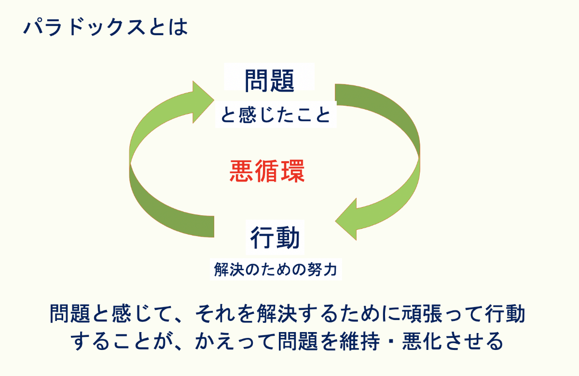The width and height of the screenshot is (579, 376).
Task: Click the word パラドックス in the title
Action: (x=84, y=27)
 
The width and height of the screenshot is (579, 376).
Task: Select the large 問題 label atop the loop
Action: (x=269, y=81)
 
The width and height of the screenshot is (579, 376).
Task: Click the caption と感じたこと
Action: (x=276, y=115)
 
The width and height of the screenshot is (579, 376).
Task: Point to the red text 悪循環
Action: (x=267, y=171)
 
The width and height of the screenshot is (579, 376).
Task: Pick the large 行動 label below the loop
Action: (x=275, y=237)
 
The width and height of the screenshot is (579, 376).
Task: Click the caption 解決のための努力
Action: (x=276, y=269)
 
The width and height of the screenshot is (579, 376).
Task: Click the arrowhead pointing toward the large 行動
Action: (x=346, y=219)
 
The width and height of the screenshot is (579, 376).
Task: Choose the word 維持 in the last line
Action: (x=359, y=341)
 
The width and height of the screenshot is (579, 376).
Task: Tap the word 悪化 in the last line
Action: (x=422, y=341)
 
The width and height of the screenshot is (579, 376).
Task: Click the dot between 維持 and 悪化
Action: (x=391, y=342)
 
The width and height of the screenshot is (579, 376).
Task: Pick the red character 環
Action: (x=293, y=171)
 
